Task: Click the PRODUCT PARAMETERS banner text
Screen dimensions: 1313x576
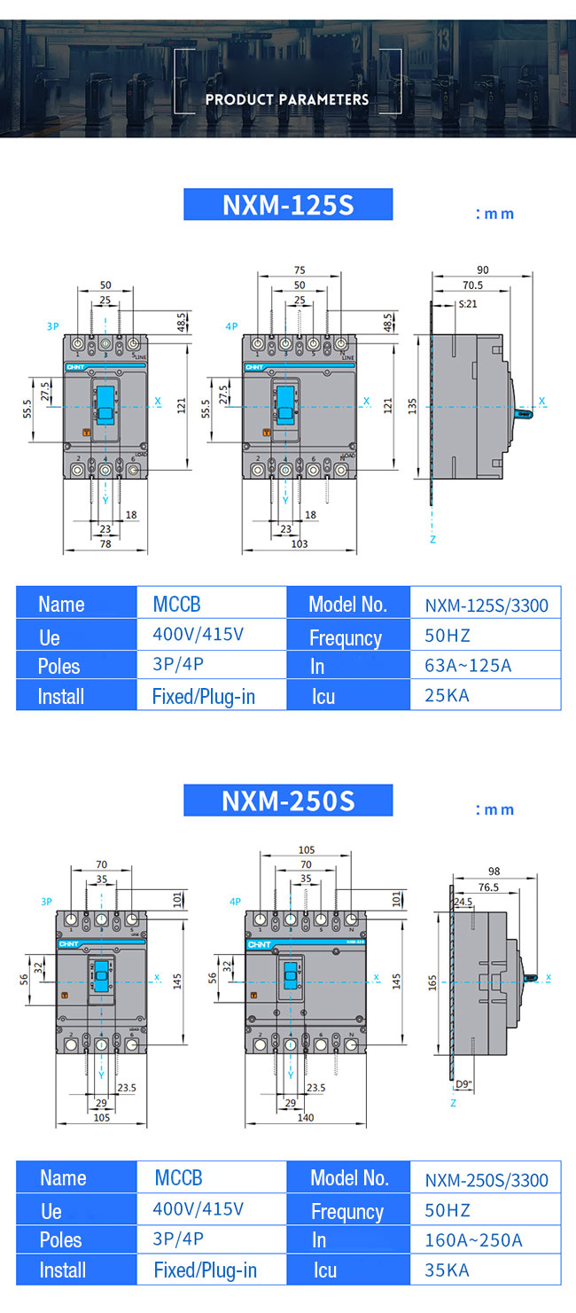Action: (287, 99)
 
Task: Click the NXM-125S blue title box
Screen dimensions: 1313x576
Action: (288, 205)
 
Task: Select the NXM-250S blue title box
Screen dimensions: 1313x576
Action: (288, 801)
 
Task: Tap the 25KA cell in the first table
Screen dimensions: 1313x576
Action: (448, 695)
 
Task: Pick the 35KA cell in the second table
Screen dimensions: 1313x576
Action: (448, 1270)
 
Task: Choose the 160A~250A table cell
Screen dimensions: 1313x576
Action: (473, 1239)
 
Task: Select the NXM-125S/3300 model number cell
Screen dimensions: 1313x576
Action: (486, 606)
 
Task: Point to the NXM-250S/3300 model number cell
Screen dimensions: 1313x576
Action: (486, 1180)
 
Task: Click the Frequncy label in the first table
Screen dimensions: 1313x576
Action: (346, 637)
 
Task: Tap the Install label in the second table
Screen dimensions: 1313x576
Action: (62, 1270)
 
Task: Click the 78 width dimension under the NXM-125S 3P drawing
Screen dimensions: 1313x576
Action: (105, 543)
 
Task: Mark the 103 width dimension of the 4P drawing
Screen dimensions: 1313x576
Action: (300, 543)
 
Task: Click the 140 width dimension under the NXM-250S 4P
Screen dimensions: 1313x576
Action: (306, 1118)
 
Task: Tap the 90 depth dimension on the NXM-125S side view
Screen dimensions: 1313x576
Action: (483, 270)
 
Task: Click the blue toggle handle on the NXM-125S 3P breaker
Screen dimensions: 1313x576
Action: (105, 402)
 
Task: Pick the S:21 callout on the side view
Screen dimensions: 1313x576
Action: (468, 303)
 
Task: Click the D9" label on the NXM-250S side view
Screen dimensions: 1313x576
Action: (463, 1083)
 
